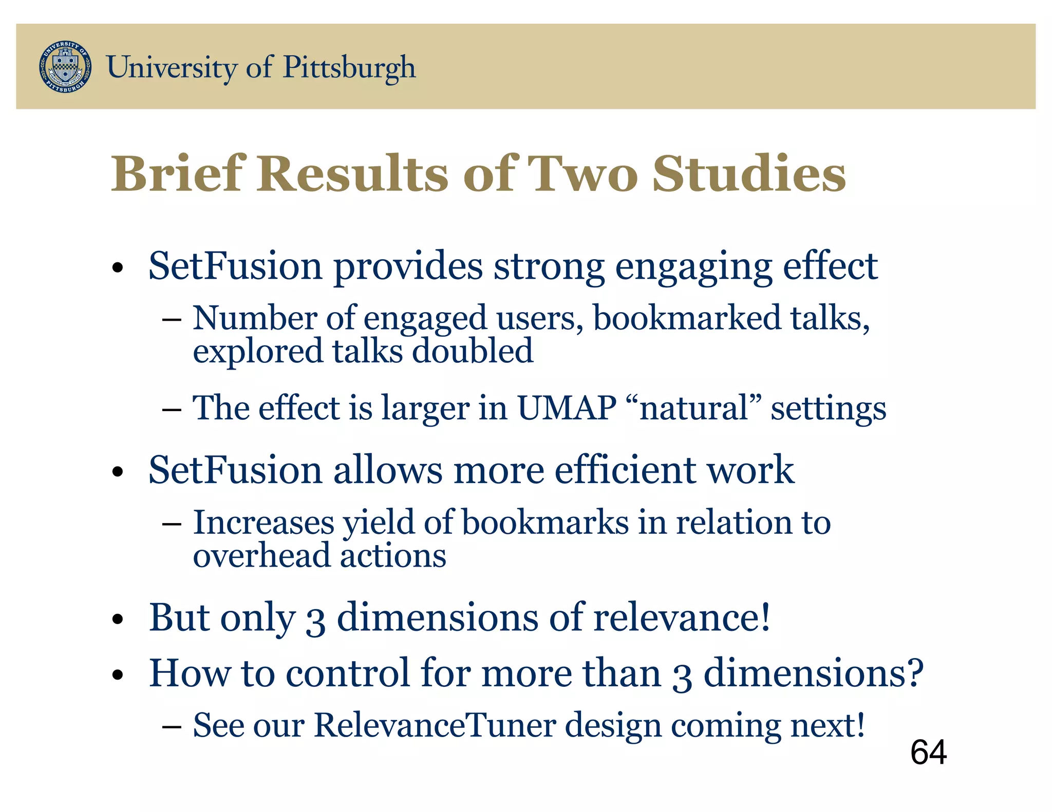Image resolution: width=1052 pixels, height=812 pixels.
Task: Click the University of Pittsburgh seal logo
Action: pos(65,67)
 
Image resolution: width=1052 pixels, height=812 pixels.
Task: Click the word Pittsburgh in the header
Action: pos(349,68)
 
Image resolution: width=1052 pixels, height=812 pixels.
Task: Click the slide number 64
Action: pos(928,752)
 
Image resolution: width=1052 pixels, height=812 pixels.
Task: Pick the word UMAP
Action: pos(567,408)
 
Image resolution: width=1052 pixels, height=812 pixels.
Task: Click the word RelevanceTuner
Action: pos(435,725)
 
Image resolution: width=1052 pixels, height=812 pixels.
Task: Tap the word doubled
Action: pos(473,352)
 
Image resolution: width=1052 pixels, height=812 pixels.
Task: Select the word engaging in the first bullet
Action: pos(693,267)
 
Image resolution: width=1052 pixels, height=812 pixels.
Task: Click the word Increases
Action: pos(264,523)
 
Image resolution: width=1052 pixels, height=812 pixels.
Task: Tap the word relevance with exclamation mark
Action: pos(682,617)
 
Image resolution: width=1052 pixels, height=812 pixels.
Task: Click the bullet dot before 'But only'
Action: pos(118,620)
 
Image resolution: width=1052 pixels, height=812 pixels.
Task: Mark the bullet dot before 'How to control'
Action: pos(118,675)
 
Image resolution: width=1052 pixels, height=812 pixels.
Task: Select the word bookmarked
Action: pos(687,318)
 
